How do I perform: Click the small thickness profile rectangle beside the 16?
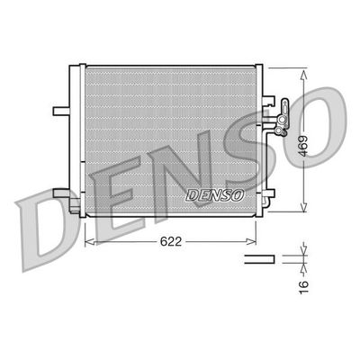259,260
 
